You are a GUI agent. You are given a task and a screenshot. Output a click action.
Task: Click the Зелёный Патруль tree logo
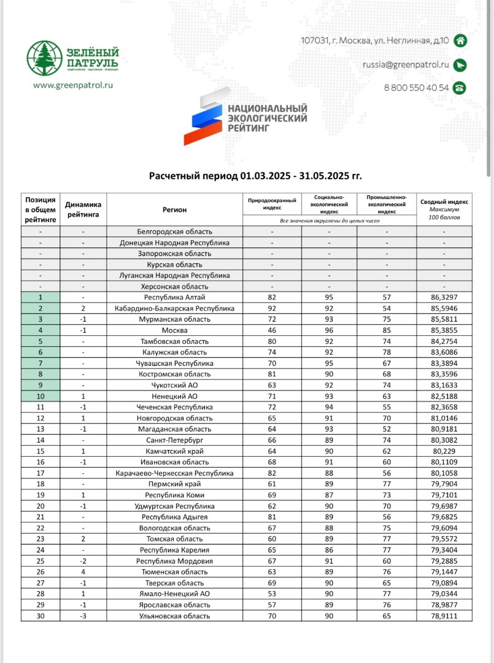tap(45, 58)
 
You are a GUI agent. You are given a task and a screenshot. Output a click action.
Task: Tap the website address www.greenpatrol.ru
tap(73, 86)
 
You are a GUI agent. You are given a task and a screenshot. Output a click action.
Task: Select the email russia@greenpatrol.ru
tap(406, 64)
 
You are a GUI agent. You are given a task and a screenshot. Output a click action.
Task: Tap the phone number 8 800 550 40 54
tap(416, 88)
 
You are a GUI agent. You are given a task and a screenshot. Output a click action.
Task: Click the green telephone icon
tap(459, 88)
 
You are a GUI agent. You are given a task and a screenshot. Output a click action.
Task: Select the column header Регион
tap(174, 210)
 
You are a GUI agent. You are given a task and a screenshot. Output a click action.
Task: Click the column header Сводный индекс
tap(444, 201)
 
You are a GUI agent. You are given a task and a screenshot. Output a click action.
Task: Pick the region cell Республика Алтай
tap(174, 297)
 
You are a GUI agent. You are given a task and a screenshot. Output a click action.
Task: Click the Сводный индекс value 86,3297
tap(444, 297)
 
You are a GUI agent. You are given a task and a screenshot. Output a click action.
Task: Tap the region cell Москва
tap(174, 330)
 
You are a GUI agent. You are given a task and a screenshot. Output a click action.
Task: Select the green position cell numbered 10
tap(41, 396)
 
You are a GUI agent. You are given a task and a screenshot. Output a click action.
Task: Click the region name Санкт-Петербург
tap(174, 440)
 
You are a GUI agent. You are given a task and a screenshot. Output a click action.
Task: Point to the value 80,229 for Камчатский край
tap(444, 451)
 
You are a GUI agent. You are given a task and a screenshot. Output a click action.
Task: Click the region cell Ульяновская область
tap(174, 616)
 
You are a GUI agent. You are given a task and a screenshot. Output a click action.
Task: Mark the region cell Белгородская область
tap(174, 231)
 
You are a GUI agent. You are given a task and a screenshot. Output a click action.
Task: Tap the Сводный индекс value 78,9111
tap(444, 616)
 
